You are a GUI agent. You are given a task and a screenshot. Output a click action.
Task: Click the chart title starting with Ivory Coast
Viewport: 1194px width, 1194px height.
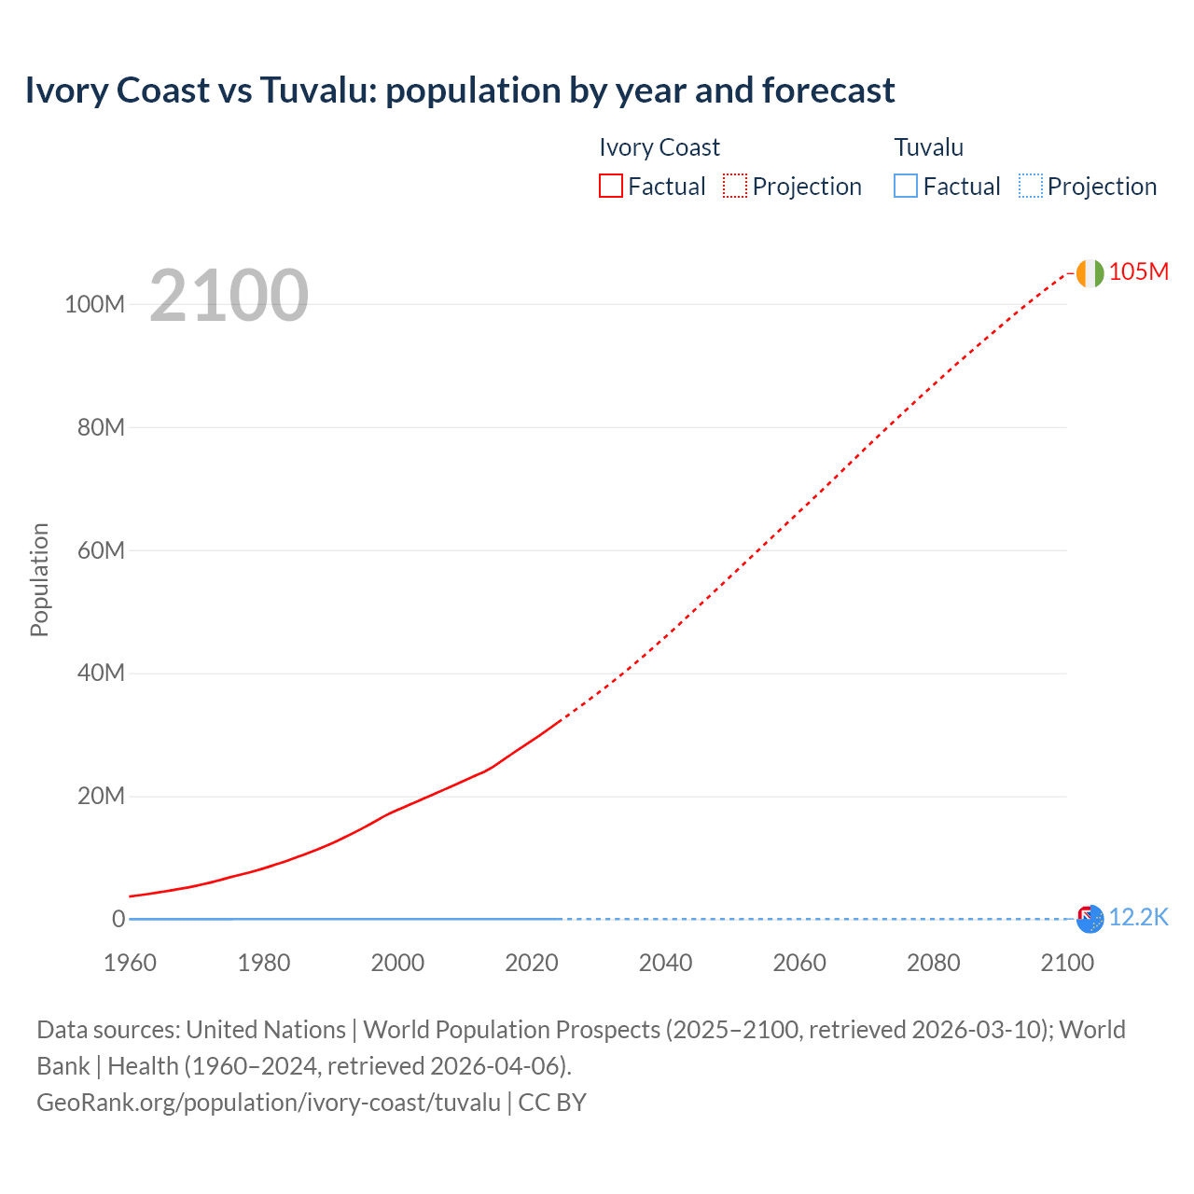[459, 90]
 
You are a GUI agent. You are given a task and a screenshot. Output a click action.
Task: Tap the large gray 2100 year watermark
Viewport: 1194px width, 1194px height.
[229, 296]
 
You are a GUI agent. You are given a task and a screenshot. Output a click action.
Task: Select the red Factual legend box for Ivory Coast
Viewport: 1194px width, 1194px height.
[610, 187]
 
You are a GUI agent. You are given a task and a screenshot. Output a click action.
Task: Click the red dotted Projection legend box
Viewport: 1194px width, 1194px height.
[735, 187]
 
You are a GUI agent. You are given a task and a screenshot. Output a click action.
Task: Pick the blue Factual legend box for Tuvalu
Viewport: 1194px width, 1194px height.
[905, 187]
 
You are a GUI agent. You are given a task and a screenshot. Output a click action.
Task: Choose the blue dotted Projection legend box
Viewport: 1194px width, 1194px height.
[1030, 187]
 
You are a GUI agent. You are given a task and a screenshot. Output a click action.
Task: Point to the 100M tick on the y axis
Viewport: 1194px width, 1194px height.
[94, 304]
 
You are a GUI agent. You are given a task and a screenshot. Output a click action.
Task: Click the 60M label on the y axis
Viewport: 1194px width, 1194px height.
[101, 550]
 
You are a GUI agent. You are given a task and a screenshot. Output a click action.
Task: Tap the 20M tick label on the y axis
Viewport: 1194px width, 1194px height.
[101, 797]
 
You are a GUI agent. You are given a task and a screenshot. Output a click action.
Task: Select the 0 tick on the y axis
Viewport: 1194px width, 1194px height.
[118, 919]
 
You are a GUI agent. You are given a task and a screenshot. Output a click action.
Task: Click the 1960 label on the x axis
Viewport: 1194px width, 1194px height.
[130, 963]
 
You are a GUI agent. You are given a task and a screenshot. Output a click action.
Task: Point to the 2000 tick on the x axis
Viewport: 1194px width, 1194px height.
[397, 963]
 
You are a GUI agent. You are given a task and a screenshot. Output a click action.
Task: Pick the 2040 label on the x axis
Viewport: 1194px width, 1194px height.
[665, 963]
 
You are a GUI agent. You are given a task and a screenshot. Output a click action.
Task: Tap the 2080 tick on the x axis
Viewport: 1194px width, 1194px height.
[933, 963]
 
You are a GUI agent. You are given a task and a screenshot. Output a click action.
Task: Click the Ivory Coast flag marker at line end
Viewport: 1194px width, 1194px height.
[1090, 273]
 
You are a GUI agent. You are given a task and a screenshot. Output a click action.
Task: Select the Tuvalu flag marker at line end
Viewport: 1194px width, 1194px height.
[1090, 919]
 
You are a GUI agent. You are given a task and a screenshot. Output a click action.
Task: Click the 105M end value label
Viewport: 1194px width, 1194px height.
[1138, 271]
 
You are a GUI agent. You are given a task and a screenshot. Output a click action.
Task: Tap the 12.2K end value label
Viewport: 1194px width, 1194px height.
[1138, 918]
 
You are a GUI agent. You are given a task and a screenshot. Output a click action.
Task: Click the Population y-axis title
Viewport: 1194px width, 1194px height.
[39, 579]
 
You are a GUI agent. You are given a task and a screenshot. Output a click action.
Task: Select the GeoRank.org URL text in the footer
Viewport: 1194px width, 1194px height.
[269, 1103]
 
